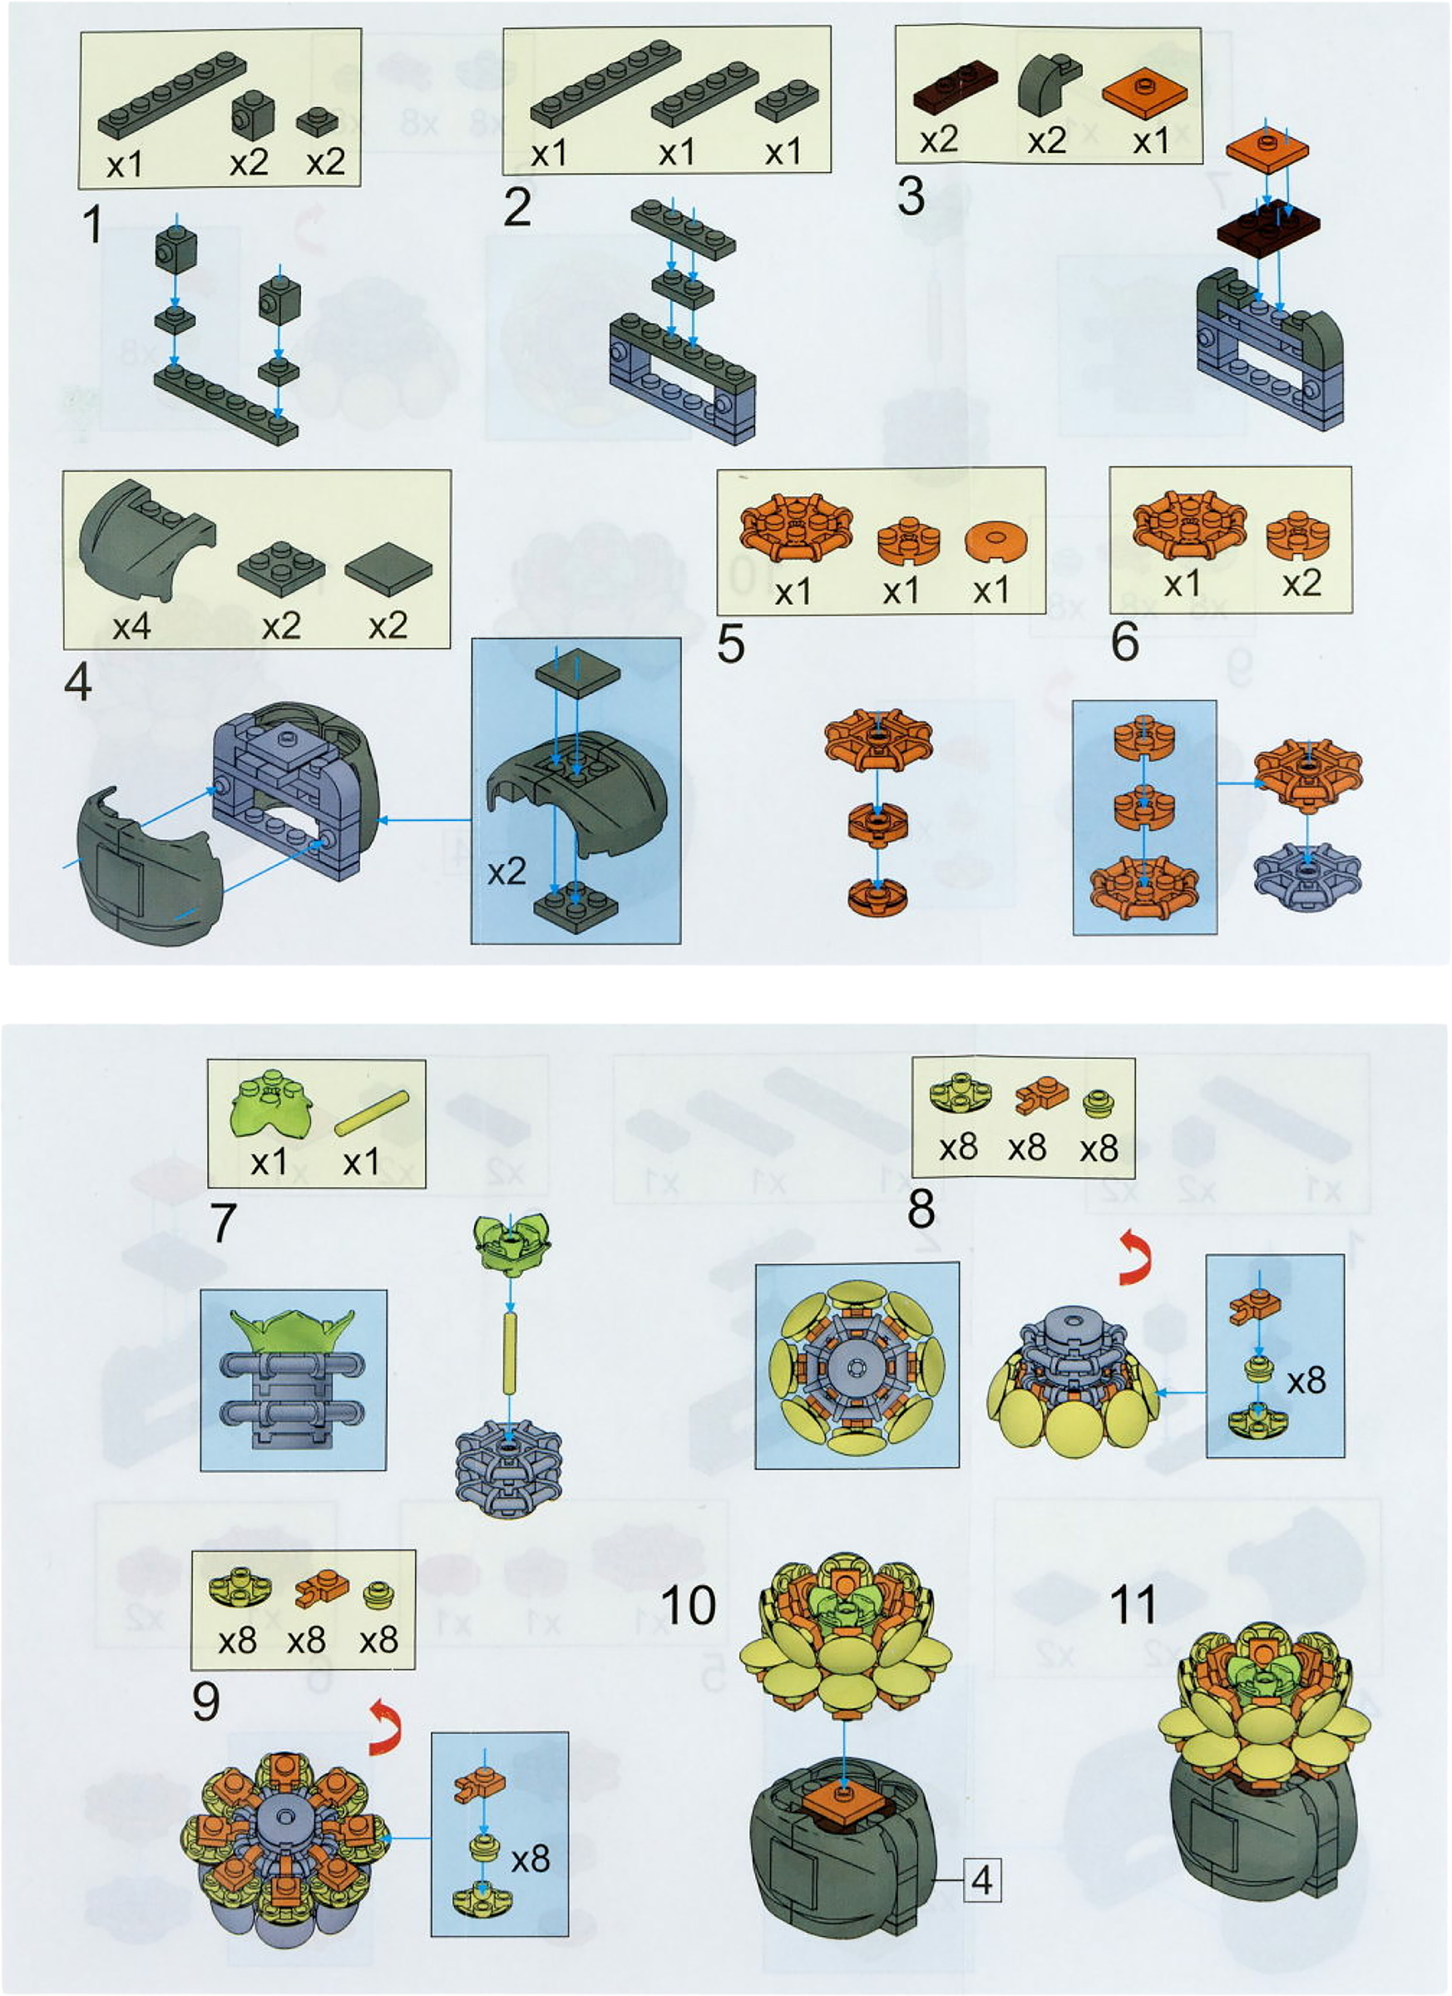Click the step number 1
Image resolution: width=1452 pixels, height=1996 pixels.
92,225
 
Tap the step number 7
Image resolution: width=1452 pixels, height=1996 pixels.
224,1223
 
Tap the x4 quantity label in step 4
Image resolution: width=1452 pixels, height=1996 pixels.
132,626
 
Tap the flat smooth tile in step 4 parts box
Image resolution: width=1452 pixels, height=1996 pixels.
388,572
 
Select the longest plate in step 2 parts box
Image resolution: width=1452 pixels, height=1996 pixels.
605,85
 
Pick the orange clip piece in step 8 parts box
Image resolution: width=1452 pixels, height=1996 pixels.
1041,1094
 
